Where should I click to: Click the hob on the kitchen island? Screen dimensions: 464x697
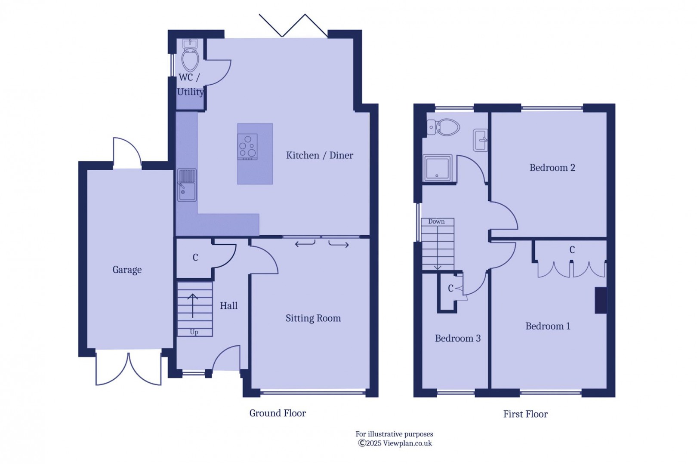click(247, 147)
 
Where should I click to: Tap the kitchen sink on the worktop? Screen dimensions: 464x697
click(187, 185)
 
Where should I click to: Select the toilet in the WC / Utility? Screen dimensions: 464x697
click(190, 60)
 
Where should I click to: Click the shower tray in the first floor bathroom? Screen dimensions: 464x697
click(437, 168)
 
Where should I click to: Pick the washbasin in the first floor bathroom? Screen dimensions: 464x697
click(481, 140)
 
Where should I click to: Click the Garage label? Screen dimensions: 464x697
click(127, 270)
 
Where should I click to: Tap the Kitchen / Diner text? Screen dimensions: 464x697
click(319, 155)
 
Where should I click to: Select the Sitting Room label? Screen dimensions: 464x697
click(313, 318)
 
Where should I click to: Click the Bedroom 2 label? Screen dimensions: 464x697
click(552, 168)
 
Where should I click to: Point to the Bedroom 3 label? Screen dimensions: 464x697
click(457, 338)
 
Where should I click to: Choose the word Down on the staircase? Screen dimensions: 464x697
click(436, 221)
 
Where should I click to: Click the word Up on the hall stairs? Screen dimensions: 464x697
click(194, 332)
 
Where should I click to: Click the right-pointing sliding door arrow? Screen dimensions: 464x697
click(339, 245)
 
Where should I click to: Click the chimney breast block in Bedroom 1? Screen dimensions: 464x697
click(601, 300)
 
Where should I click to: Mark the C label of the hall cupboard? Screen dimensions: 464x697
click(195, 258)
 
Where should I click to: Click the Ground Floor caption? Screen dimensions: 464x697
click(278, 413)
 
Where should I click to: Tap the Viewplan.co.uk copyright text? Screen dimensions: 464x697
click(395, 443)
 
